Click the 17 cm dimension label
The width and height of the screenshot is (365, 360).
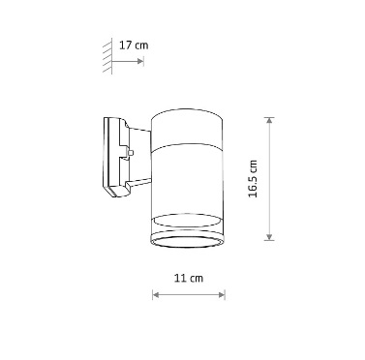pyautogui.click(x=134, y=45)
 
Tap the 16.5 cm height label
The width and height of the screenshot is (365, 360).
pyautogui.click(x=253, y=179)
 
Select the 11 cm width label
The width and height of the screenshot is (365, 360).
pyautogui.click(x=189, y=278)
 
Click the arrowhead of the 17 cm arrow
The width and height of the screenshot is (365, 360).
pyautogui.click(x=140, y=61)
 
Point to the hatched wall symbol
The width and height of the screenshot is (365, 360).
pyautogui.click(x=107, y=56)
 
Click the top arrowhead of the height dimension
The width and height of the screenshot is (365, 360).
pyautogui.click(x=269, y=121)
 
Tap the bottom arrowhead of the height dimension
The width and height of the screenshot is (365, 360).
pyautogui.click(x=269, y=237)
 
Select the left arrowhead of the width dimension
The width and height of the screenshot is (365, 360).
pyautogui.click(x=156, y=294)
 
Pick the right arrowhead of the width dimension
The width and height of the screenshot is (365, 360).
pyautogui.click(x=222, y=294)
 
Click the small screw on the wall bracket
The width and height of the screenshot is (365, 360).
pyautogui.click(x=131, y=153)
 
